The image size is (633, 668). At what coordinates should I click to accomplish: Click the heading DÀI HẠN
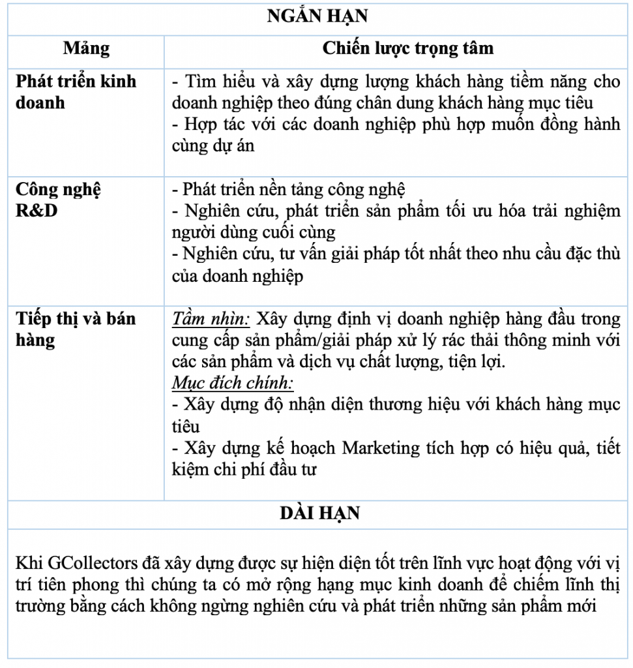click(x=319, y=513)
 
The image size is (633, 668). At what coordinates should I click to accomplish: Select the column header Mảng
click(x=86, y=48)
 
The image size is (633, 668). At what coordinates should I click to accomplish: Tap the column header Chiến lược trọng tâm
click(x=408, y=48)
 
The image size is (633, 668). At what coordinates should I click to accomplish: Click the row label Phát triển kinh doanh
click(x=76, y=92)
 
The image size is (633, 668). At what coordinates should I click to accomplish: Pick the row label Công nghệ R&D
click(x=58, y=200)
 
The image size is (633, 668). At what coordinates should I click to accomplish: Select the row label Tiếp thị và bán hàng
click(x=76, y=329)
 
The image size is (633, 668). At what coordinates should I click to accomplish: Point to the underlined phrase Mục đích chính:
click(x=233, y=382)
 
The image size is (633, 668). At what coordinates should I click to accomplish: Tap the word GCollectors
click(x=85, y=563)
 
